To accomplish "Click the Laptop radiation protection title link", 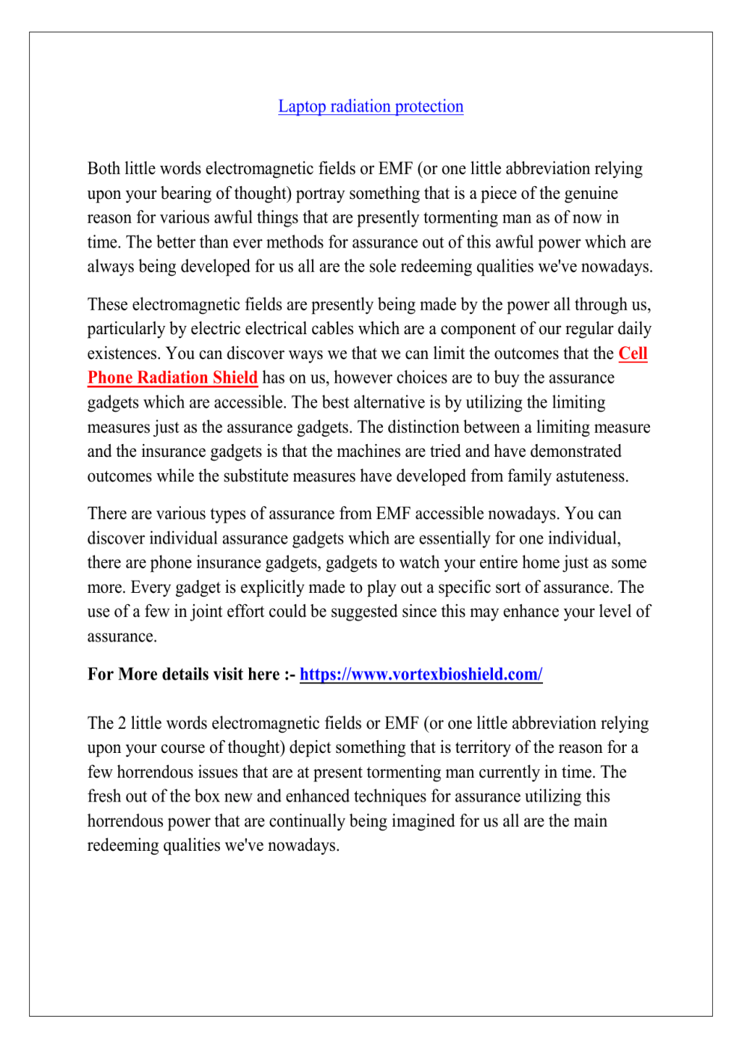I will pyautogui.click(x=370, y=106).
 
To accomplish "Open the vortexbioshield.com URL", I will pyautogui.click(x=420, y=674).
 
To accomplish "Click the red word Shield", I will pyautogui.click(x=235, y=378).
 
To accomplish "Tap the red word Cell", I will pyautogui.click(x=633, y=354).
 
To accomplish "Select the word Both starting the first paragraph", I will pyautogui.click(x=103, y=169).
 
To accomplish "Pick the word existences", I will pyautogui.click(x=123, y=354).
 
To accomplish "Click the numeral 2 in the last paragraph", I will pyautogui.click(x=120, y=724).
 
